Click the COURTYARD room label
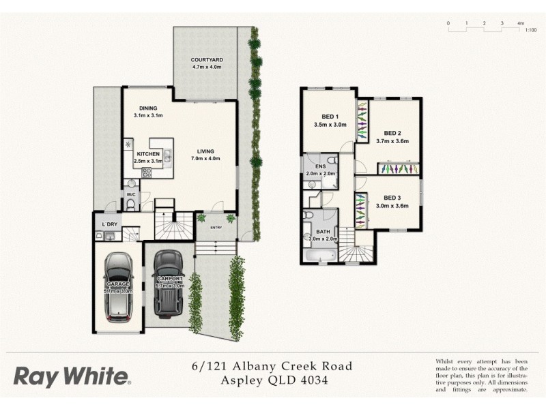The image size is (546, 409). pyautogui.click(x=206, y=61)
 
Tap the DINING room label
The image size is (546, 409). pyautogui.click(x=148, y=108)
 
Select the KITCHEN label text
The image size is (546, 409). pyautogui.click(x=148, y=154)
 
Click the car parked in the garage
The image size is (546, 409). pyautogui.click(x=119, y=287)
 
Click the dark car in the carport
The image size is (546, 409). pyautogui.click(x=167, y=284)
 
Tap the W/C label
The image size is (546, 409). pyautogui.click(x=130, y=196)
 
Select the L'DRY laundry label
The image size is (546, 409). pyautogui.click(x=109, y=224)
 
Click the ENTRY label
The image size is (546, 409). pyautogui.click(x=216, y=228)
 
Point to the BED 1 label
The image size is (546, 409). pyautogui.click(x=330, y=116)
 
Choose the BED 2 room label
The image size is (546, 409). pyautogui.click(x=392, y=133)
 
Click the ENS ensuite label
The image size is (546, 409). pyautogui.click(x=320, y=166)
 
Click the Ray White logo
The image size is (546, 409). pyautogui.click(x=72, y=376)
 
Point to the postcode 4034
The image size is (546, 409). pyautogui.click(x=313, y=380)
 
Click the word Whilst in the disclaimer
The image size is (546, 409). pyautogui.click(x=447, y=361)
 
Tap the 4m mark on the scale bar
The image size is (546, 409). pyautogui.click(x=520, y=23)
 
